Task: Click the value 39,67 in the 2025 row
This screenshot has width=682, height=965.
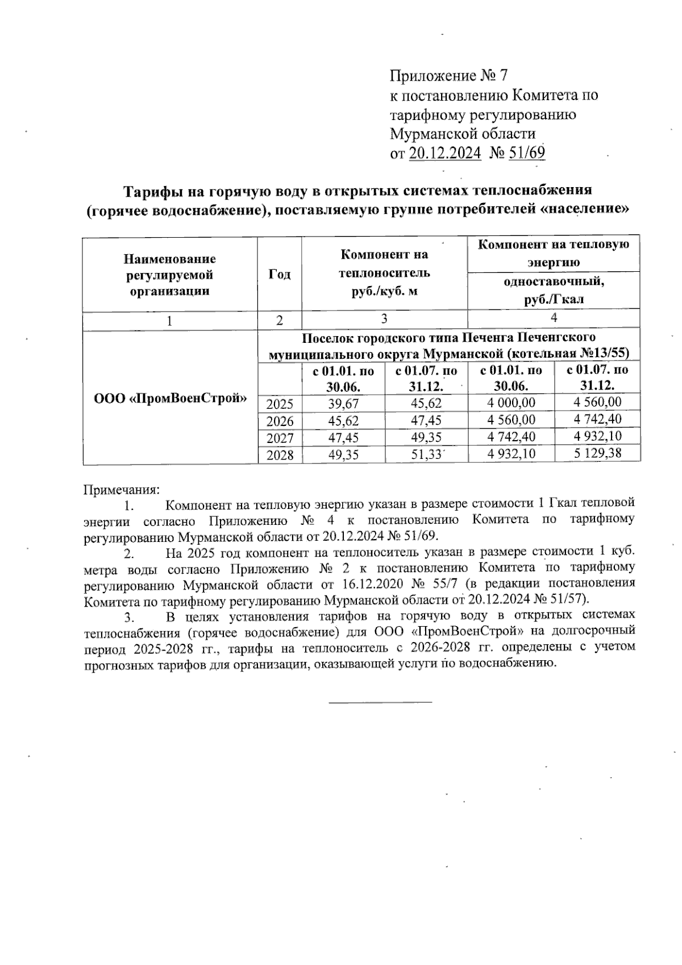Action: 343,404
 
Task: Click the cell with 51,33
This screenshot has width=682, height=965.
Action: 426,454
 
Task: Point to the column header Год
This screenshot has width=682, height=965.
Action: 279,275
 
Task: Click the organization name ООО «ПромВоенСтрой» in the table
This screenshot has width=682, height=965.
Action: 170,397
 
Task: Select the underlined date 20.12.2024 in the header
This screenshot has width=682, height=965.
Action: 445,153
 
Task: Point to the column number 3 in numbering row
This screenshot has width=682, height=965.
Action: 384,319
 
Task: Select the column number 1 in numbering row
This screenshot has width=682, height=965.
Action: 169,320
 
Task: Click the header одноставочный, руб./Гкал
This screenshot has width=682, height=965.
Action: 554,290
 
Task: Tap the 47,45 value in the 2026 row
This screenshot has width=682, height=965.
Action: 426,420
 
